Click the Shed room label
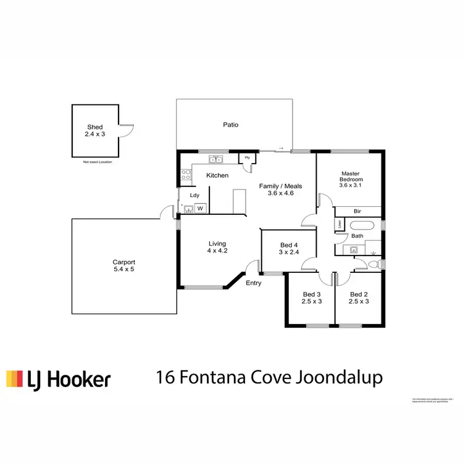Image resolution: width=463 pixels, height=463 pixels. (x=94, y=127)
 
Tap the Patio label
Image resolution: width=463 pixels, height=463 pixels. (x=231, y=125)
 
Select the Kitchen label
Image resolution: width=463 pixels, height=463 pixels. (x=217, y=175)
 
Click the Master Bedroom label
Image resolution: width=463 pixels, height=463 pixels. (x=350, y=176)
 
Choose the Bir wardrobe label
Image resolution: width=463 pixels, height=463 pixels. (x=357, y=211)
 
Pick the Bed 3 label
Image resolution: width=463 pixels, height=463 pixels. (x=312, y=294)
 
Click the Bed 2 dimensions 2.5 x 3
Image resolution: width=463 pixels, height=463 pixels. (x=359, y=301)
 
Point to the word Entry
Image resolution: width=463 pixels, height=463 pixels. (x=254, y=283)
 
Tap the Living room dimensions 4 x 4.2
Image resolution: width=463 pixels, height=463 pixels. (x=217, y=251)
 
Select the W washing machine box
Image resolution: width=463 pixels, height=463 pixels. (x=199, y=209)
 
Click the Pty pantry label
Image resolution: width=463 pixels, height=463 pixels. (x=248, y=158)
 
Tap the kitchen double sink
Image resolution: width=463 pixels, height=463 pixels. (x=216, y=159)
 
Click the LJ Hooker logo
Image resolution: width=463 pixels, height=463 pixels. (x=58, y=378)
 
